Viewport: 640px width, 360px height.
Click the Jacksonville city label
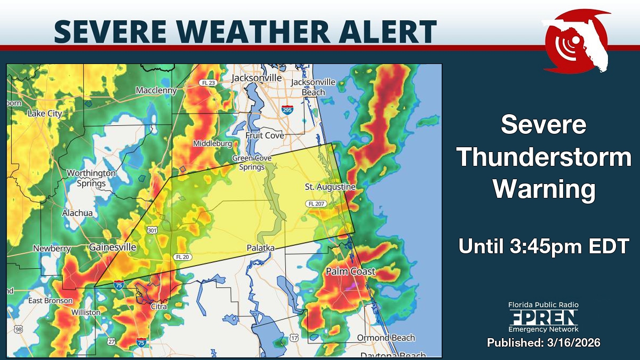pyautogui.click(x=257, y=78)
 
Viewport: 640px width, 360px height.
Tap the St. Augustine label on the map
pyautogui.click(x=330, y=187)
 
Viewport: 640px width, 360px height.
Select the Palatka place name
pyautogui.click(x=260, y=248)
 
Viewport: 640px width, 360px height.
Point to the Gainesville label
pyautogui.click(x=113, y=247)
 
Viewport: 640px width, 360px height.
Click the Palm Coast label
pyautogui.click(x=350, y=271)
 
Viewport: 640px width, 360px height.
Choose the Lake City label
pyautogui.click(x=45, y=113)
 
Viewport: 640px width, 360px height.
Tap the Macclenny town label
pyautogui.click(x=156, y=91)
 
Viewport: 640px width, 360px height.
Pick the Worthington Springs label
pyautogui.click(x=91, y=178)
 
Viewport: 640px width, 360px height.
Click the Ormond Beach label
pyautogui.click(x=386, y=338)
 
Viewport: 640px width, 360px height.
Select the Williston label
pyautogui.click(x=85, y=312)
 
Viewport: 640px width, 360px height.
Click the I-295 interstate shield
pyautogui.click(x=287, y=110)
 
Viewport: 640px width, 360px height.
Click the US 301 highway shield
pyautogui.click(x=153, y=230)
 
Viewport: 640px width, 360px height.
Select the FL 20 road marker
pyautogui.click(x=181, y=257)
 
